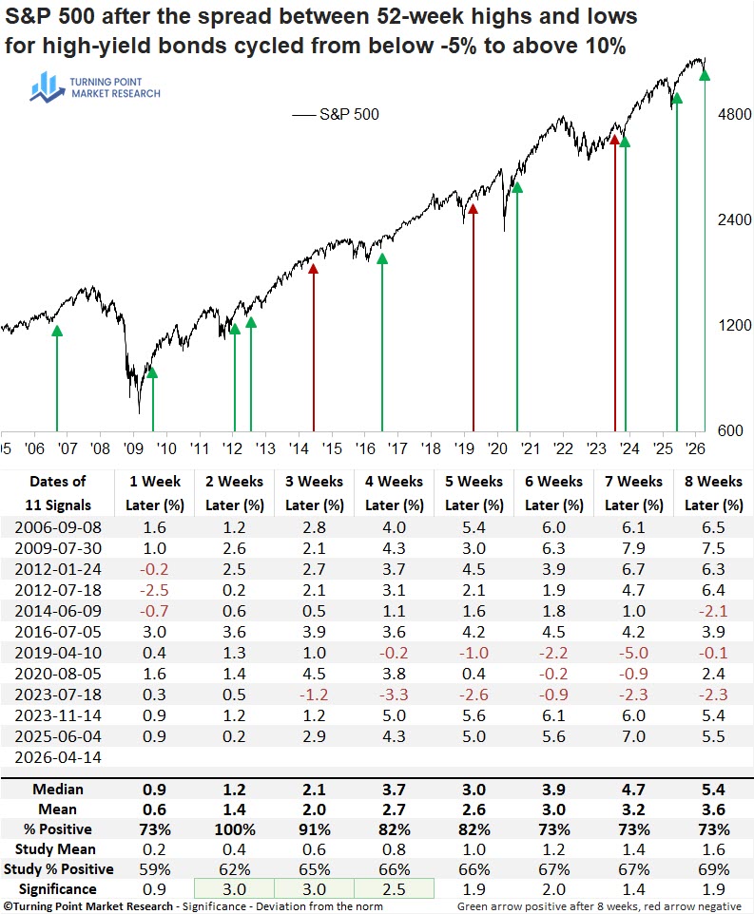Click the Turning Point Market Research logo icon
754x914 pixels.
click(47, 87)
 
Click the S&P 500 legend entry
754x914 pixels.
click(336, 114)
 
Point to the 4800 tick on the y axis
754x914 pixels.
click(734, 114)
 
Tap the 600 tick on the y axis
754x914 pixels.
click(730, 430)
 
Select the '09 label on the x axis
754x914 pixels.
click(133, 448)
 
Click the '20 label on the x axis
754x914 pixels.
click(497, 448)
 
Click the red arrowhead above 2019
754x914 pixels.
click(473, 209)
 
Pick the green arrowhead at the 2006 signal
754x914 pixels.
click(56, 331)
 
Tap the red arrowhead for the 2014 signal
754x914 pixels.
click(313, 268)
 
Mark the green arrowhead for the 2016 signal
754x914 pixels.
click(382, 258)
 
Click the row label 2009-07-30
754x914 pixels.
click(58, 548)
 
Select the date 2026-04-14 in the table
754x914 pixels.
click(58, 757)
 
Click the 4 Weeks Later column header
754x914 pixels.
click(395, 493)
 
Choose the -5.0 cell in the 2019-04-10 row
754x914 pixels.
click(633, 653)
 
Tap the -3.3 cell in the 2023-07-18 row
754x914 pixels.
click(394, 695)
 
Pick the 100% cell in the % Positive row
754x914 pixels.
click(235, 829)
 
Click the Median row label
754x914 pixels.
click(58, 790)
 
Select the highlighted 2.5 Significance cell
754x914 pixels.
click(394, 889)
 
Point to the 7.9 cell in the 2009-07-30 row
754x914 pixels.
click(633, 548)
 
